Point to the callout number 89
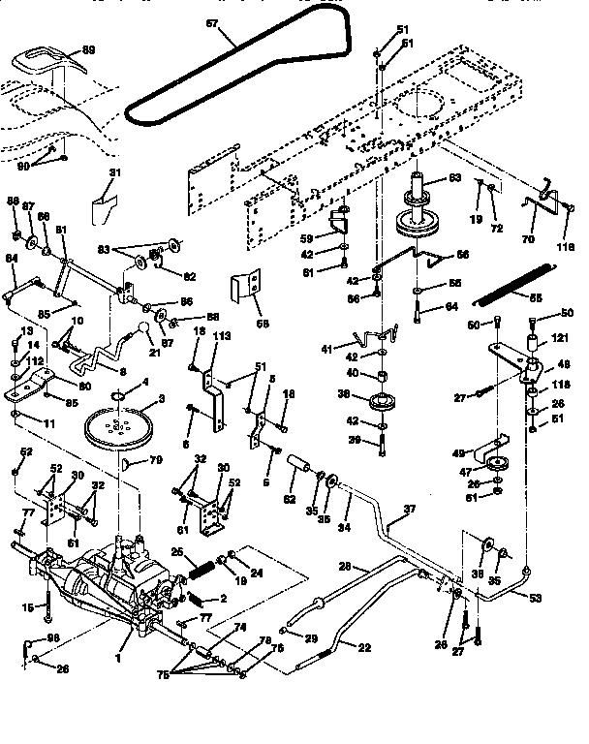[x=88, y=49]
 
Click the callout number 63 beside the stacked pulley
[x=454, y=177]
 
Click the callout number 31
[x=115, y=172]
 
